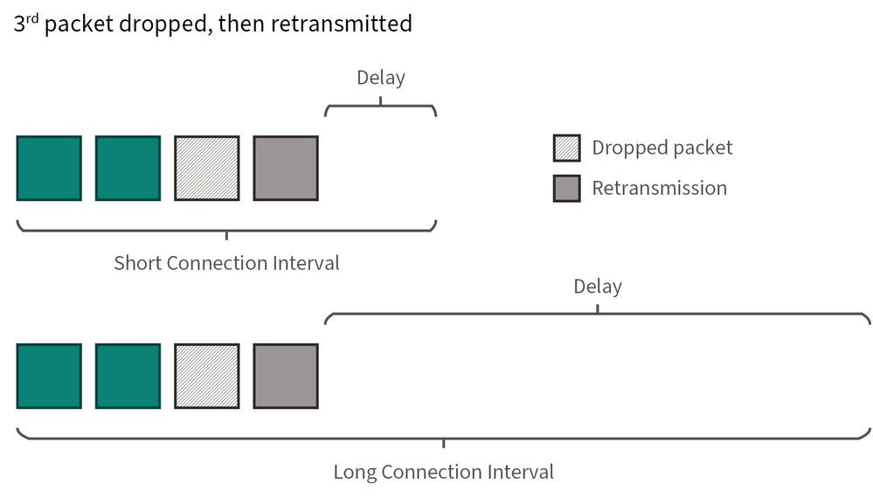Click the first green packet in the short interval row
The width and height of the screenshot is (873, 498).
49,169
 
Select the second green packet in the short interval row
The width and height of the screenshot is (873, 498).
128,169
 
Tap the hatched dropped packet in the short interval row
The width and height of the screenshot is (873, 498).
206,169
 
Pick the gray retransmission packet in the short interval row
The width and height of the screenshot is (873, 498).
286,169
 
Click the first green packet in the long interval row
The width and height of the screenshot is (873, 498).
49,376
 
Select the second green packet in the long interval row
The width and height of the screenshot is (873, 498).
128,376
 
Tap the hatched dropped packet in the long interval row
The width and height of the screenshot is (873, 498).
206,376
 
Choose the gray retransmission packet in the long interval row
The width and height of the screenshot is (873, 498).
286,376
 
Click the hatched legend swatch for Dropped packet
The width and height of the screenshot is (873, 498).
566,148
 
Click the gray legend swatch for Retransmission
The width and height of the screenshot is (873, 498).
566,188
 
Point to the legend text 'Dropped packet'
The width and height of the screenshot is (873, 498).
662,148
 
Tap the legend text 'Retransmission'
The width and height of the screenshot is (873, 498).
659,188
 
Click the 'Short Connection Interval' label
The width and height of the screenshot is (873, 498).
226,263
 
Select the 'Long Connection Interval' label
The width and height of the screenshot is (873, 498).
443,473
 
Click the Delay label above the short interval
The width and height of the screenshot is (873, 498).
380,78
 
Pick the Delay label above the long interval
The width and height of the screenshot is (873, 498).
598,287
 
